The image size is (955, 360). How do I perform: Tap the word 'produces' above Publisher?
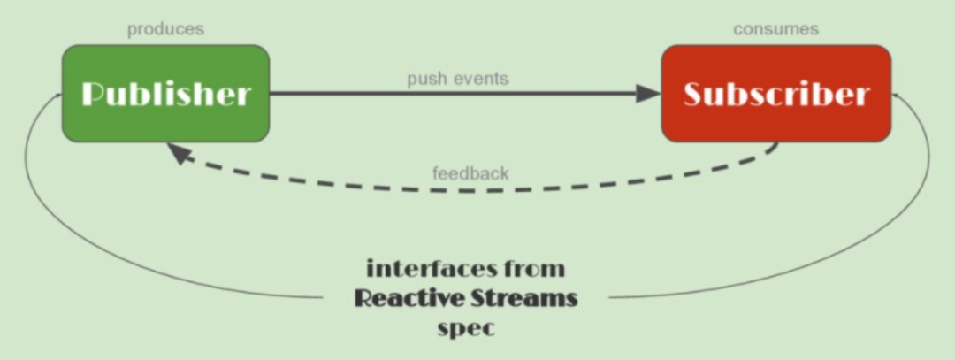point(165,29)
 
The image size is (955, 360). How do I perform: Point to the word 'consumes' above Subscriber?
point(775,29)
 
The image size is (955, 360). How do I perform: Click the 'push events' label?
point(457,79)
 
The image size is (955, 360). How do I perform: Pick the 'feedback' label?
point(470,173)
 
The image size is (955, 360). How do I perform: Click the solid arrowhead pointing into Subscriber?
point(647,93)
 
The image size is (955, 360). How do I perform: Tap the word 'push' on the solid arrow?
point(424,79)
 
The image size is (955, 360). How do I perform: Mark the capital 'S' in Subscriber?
point(694,94)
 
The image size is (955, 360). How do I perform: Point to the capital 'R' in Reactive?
point(363,298)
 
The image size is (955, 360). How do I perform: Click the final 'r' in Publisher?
point(243,96)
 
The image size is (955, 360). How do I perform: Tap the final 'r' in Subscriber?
point(861,96)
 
